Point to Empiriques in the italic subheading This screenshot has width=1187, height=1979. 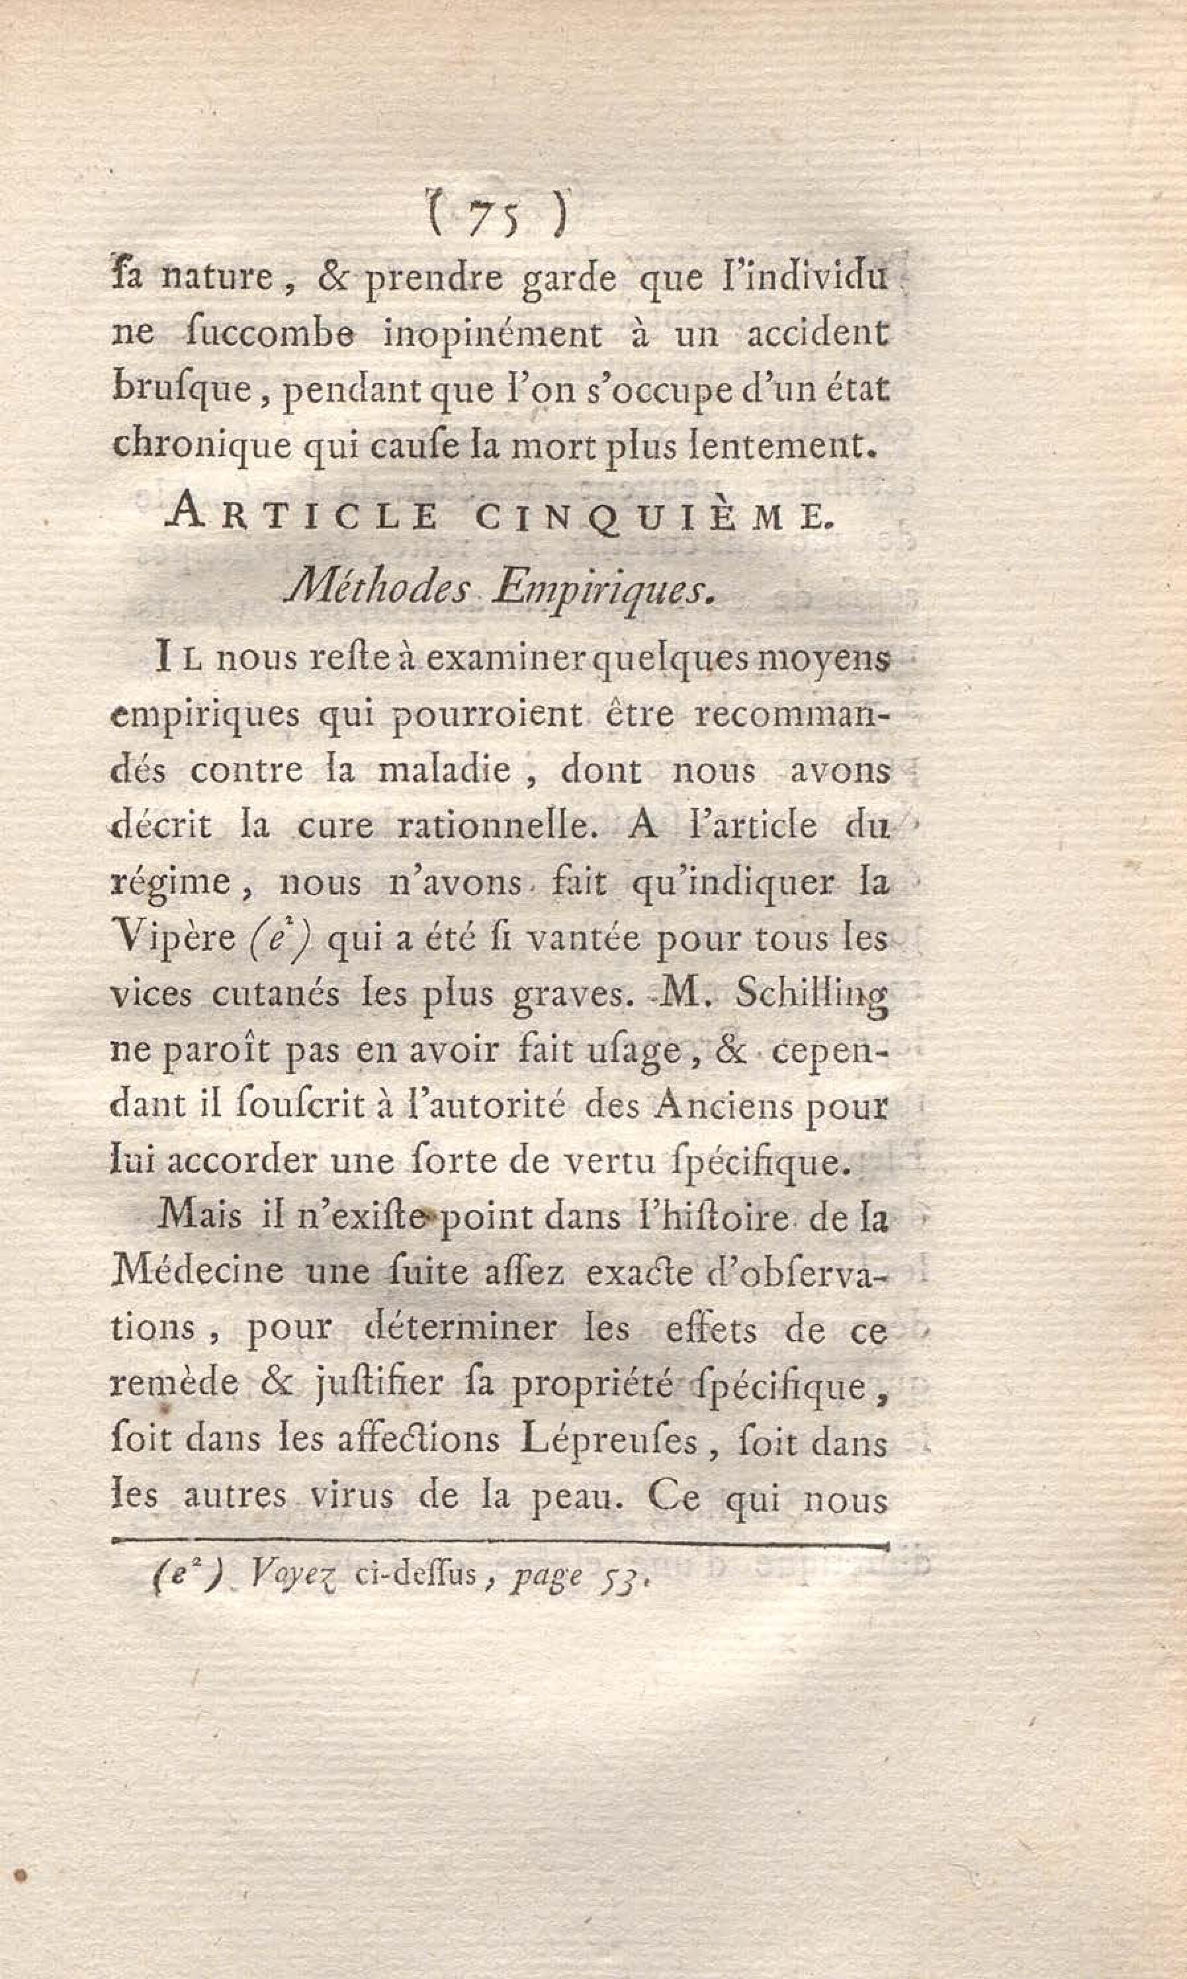click(x=600, y=592)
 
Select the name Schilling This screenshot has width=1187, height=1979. click(x=811, y=994)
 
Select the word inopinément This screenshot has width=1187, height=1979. click(x=492, y=334)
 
